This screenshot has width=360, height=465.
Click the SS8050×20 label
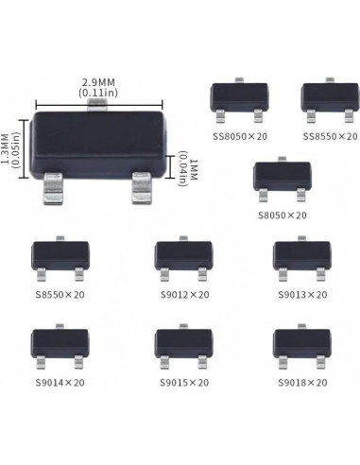tap(239, 136)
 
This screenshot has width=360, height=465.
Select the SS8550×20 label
tap(330, 136)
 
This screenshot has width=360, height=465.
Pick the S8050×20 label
tap(282, 215)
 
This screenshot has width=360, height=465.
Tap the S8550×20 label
tap(60, 295)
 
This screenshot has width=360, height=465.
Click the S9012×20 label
tap(182, 295)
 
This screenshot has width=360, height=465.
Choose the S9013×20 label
tap(302, 295)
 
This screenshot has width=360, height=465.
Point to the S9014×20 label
tap(59, 383)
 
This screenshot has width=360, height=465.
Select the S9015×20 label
tap(182, 383)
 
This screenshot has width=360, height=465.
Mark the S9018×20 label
tap(302, 383)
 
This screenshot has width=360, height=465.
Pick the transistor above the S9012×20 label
tap(183, 256)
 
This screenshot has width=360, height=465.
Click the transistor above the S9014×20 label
tap(60, 344)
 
